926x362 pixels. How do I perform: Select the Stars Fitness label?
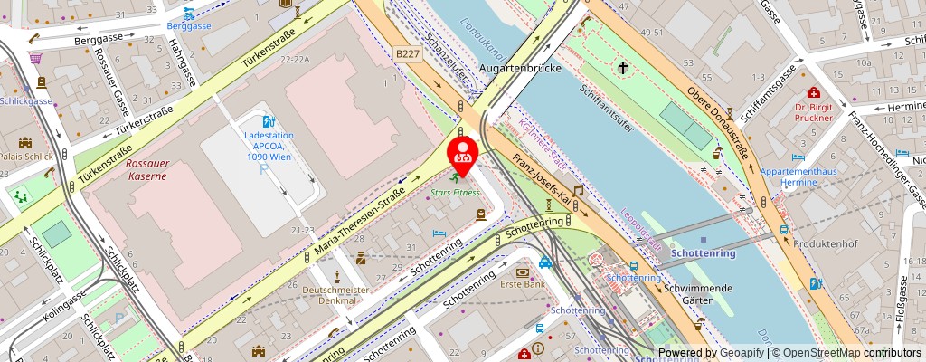click(455, 193)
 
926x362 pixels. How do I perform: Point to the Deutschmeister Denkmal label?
click(337, 295)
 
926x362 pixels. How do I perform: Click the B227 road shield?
click(408, 55)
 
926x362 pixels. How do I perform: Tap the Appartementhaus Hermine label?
click(801, 176)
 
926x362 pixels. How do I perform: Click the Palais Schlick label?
click(25, 156)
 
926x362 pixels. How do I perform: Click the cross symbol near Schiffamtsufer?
click(623, 67)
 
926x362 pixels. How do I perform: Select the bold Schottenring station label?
click(703, 254)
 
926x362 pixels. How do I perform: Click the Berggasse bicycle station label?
click(189, 26)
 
